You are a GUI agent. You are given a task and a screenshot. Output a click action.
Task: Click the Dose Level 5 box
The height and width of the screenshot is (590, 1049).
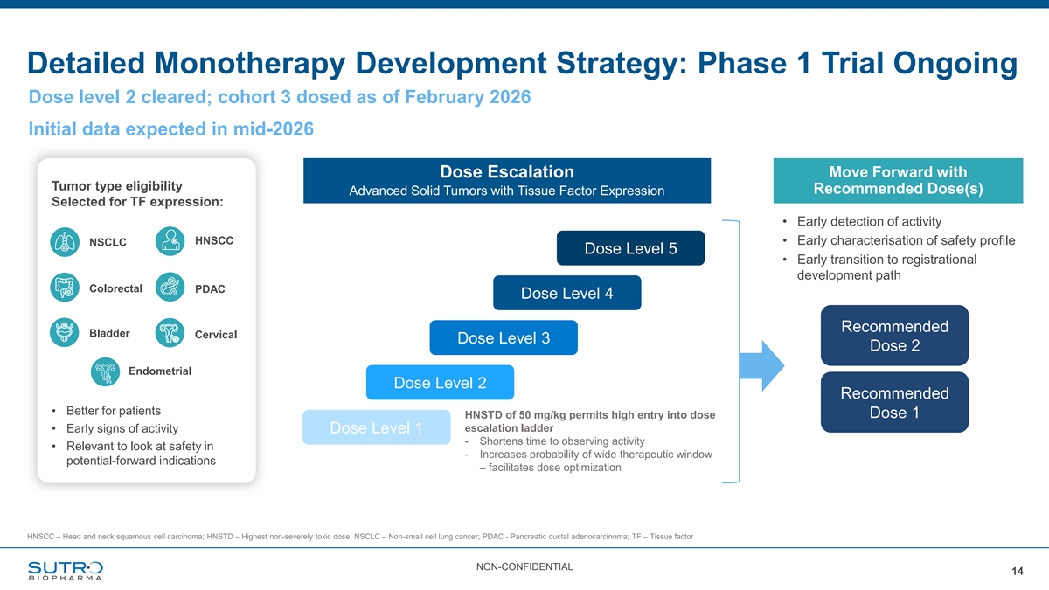[630, 248]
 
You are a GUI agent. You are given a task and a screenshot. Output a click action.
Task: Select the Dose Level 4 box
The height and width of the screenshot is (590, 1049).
[567, 293]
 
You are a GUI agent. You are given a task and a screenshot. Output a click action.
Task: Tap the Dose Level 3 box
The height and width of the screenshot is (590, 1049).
[504, 337]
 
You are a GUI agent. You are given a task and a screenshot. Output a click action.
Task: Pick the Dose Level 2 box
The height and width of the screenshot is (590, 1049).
[441, 383]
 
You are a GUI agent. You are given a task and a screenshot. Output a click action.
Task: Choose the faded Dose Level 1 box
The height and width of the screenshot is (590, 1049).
[377, 427]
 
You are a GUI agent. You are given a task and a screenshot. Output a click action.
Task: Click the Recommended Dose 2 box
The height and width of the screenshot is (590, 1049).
[894, 336]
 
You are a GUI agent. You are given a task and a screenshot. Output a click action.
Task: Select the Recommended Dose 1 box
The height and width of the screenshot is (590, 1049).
[894, 402]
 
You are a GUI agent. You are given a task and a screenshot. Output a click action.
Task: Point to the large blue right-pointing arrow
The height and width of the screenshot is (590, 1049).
[761, 365]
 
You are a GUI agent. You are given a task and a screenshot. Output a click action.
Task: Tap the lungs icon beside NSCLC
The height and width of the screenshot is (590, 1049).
[65, 242]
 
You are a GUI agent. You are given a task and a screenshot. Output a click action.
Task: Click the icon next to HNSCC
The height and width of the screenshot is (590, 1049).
[170, 241]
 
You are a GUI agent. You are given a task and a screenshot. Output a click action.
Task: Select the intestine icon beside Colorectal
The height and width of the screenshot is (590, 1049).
[65, 288]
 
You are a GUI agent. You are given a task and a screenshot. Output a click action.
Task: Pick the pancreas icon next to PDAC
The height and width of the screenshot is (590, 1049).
[170, 287]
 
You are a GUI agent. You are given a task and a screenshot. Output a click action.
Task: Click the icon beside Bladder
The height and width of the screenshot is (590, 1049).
[64, 332]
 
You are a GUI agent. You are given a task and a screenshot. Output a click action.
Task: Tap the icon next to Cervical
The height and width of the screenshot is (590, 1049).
[170, 333]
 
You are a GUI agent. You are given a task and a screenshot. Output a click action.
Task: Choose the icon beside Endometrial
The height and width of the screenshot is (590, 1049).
[106, 371]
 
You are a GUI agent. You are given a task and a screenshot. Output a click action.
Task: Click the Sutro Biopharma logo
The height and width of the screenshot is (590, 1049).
[66, 570]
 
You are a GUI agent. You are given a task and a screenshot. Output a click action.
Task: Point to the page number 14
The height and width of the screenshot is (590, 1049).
[1018, 572]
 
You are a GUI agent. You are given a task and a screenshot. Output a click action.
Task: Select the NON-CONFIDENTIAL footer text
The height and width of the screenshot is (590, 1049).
[524, 567]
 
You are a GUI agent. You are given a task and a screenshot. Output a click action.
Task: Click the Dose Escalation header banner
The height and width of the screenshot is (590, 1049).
[507, 181]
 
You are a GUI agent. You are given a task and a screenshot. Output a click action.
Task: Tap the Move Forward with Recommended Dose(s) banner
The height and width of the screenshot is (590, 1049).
[899, 181]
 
